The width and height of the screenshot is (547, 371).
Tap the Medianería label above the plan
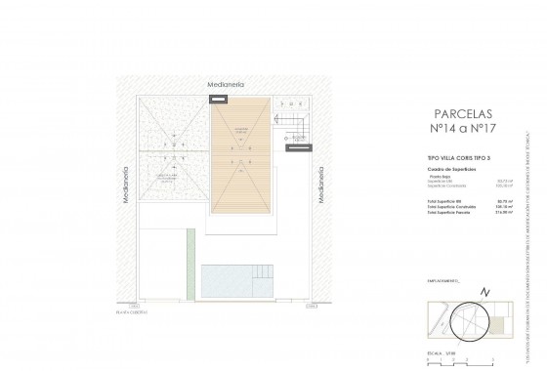(226, 85)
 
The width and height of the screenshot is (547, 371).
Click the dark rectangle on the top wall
(219, 99)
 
